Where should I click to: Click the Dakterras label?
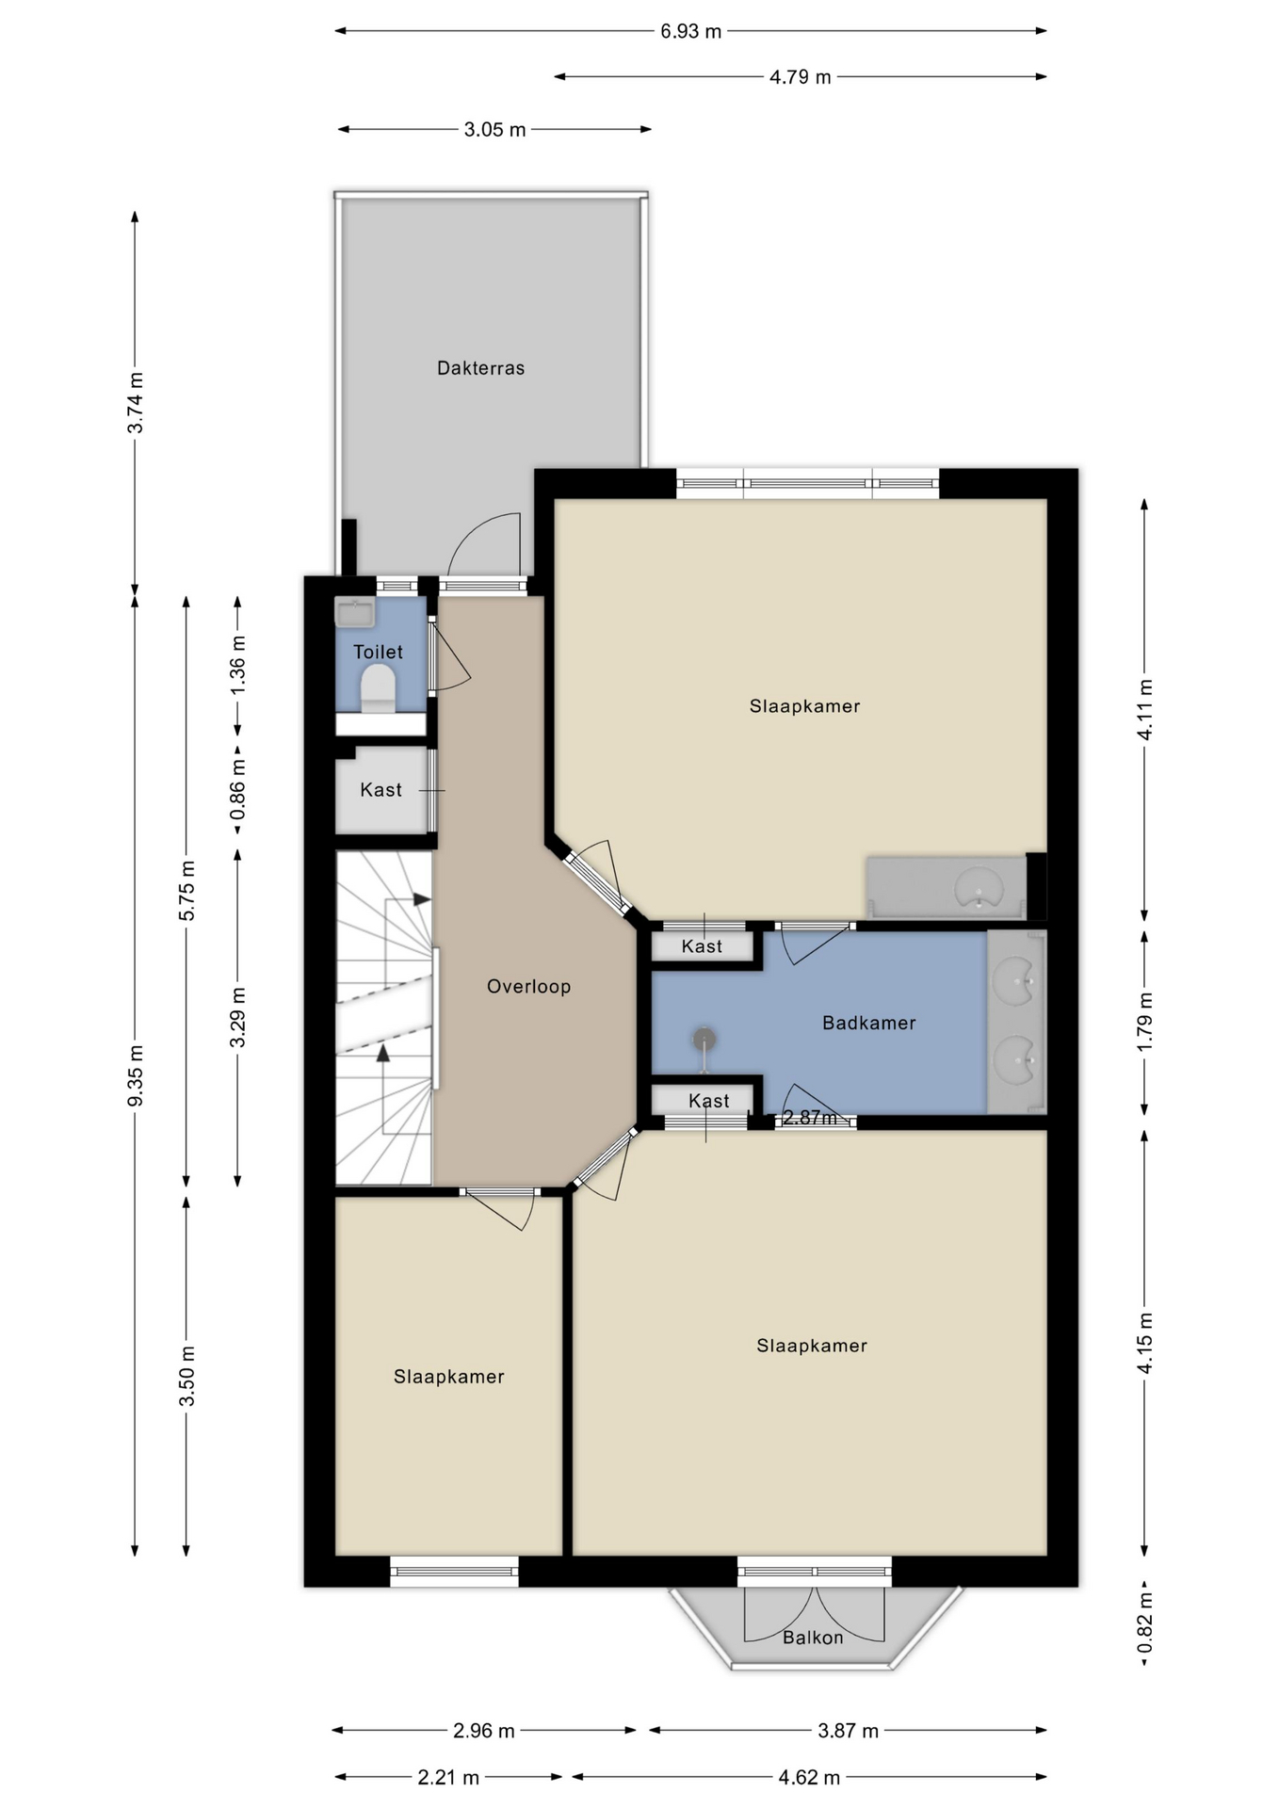480,368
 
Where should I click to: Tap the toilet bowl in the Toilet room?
379,688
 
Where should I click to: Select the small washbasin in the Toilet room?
355,612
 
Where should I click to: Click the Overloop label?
528,986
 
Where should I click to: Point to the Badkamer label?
868,1023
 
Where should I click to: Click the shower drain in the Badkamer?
704,1040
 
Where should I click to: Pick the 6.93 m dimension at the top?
690,31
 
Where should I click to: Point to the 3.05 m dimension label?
494,129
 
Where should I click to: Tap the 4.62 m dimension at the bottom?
809,1777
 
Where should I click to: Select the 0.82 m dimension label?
1145,1622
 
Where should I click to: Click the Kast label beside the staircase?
380,790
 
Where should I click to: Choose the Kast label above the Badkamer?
702,946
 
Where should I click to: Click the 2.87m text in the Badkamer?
810,1118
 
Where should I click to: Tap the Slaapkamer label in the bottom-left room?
448,1377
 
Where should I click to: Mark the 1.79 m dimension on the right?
1145,1023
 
